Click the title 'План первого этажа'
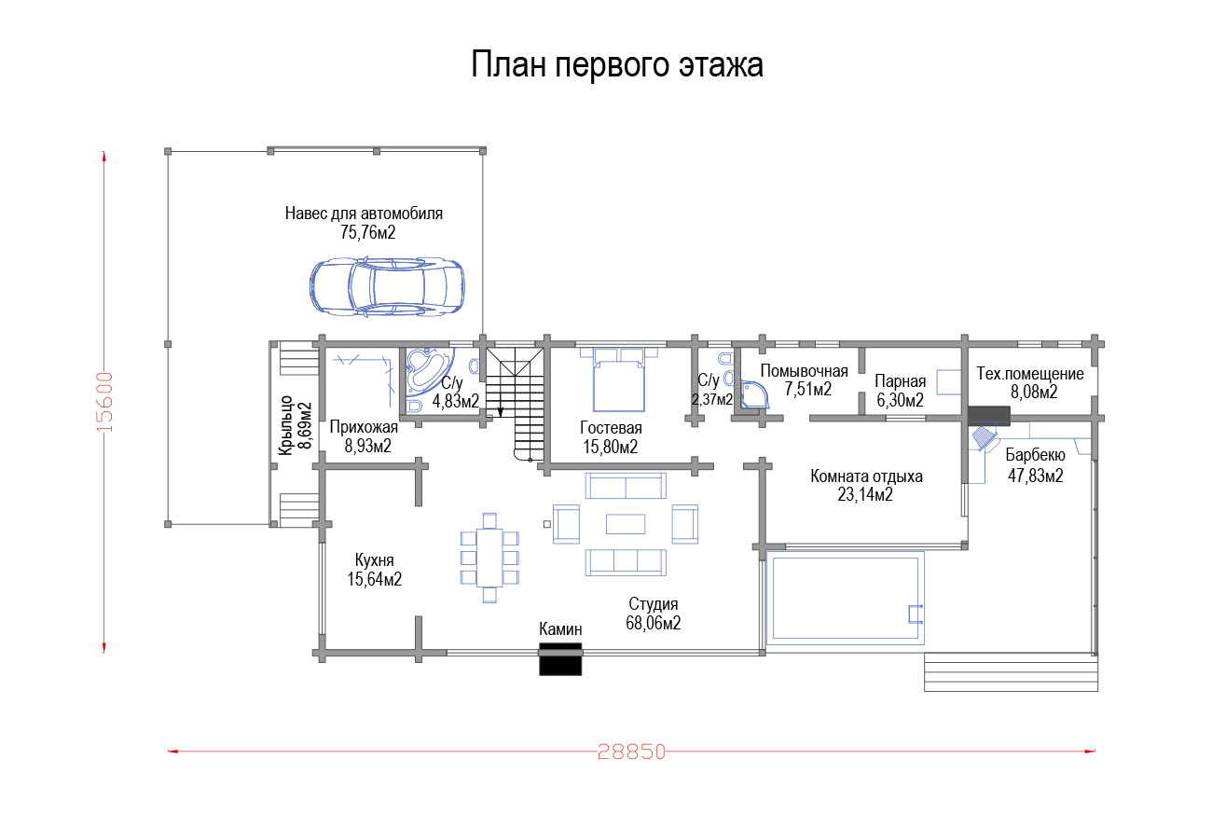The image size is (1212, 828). coord(617,65)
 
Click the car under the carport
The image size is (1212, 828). coord(387,286)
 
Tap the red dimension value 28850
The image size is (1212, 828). coord(631,752)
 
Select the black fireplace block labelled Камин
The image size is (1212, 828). coord(560,658)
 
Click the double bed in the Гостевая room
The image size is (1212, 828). coord(619,379)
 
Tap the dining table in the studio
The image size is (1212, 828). coord(489,558)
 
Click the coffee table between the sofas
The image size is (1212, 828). coord(626,524)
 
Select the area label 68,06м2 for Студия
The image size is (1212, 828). coord(653,624)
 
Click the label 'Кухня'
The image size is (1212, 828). coord(375,560)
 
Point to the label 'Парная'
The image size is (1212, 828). coord(901,381)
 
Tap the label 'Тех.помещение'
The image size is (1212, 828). coord(1030,374)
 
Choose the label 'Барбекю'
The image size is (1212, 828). coord(1035,456)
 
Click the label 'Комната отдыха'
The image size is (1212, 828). coord(866,476)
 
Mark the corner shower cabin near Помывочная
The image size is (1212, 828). coord(754,395)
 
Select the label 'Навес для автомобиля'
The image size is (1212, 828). coord(364,214)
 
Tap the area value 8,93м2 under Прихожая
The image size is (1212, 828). coord(368,447)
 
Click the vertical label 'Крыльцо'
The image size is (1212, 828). coord(285,425)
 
